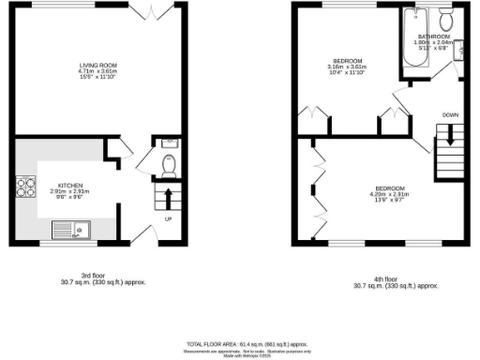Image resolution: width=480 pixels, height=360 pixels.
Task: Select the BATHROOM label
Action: (435, 36)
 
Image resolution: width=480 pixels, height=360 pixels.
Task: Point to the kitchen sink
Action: (68, 227)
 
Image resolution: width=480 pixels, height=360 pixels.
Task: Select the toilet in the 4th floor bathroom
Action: (445, 18)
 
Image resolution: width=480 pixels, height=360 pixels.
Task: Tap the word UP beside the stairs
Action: (169, 219)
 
